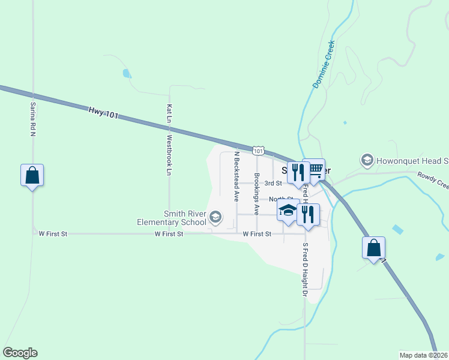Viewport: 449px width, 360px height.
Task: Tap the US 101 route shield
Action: pyautogui.click(x=258, y=151)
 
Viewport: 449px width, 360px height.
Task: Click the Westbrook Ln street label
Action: pyautogui.click(x=169, y=155)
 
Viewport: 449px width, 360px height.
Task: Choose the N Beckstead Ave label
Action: pyautogui.click(x=237, y=175)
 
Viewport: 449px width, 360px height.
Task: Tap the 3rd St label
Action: pyautogui.click(x=273, y=183)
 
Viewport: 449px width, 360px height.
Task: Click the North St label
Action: pyautogui.click(x=281, y=199)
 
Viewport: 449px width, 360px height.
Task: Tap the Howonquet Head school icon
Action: pyautogui.click(x=367, y=160)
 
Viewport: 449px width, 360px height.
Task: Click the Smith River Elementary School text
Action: pyautogui.click(x=172, y=218)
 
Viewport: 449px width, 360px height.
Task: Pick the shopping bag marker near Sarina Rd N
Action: pyautogui.click(x=32, y=176)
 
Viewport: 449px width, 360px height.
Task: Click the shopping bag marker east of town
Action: pyautogui.click(x=373, y=248)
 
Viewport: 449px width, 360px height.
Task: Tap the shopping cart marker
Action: pyautogui.click(x=313, y=170)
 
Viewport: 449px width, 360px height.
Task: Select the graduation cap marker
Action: pyautogui.click(x=288, y=211)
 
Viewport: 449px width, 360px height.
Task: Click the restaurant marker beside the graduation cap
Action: pyautogui.click(x=308, y=215)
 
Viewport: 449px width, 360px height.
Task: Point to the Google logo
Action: pyautogui.click(x=20, y=353)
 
